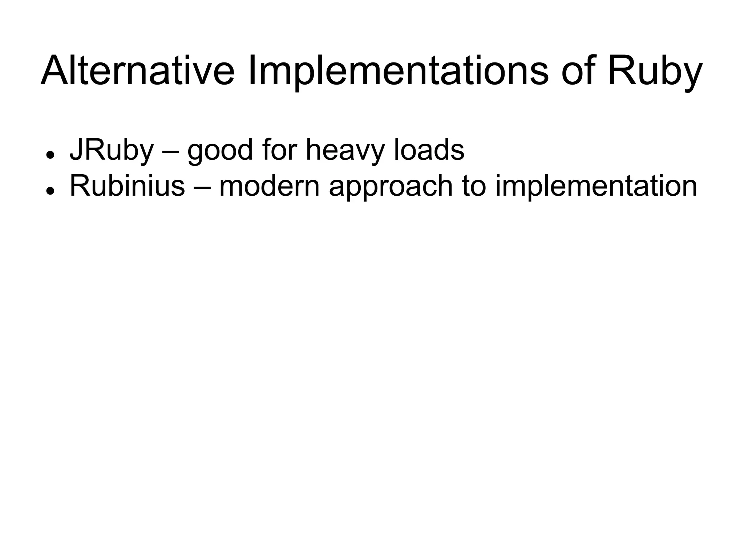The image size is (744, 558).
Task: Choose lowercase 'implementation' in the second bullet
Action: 596,186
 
